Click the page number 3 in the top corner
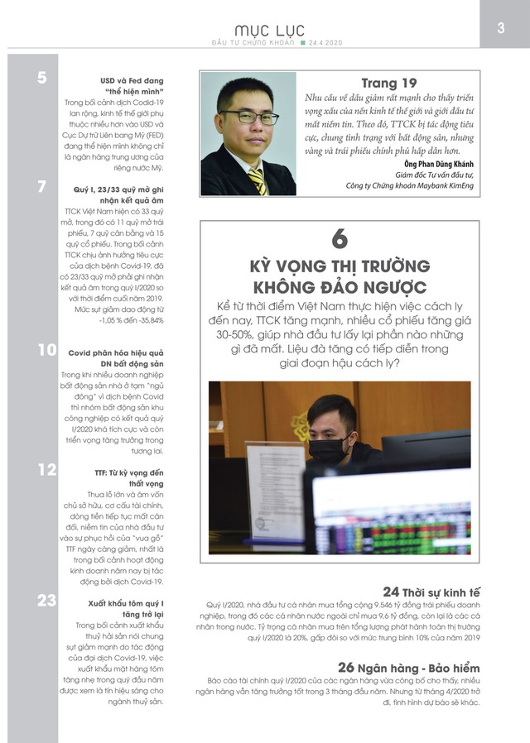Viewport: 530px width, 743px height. click(x=502, y=27)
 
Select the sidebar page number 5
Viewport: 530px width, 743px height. click(x=42, y=79)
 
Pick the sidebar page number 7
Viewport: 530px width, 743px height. click(x=42, y=187)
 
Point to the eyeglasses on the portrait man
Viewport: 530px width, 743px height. click(x=248, y=117)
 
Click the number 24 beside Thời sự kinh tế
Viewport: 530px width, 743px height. click(x=392, y=592)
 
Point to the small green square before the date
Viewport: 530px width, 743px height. click(x=303, y=41)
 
